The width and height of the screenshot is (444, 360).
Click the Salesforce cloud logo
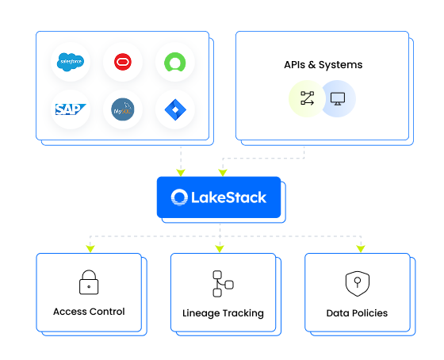click(x=71, y=62)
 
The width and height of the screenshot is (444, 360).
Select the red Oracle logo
click(x=123, y=62)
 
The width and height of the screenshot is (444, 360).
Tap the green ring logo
click(x=175, y=62)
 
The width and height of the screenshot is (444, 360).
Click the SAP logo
click(x=71, y=109)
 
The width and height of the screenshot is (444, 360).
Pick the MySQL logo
click(x=123, y=109)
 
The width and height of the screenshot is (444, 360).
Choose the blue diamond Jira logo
click(x=175, y=109)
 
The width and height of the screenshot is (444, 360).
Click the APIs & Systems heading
click(x=323, y=65)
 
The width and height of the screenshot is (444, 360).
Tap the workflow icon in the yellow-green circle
click(x=308, y=98)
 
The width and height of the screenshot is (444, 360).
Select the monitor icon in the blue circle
click(x=338, y=99)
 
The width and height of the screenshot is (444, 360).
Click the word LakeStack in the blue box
click(x=229, y=197)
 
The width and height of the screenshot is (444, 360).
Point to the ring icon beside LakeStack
click(x=179, y=197)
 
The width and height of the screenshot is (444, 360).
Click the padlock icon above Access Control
click(x=89, y=282)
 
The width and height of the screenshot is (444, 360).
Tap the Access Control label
click(x=89, y=312)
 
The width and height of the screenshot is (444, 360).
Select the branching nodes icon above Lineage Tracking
click(x=223, y=284)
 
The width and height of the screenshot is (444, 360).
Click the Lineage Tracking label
click(x=223, y=313)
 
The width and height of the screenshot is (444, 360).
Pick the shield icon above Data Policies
click(x=358, y=284)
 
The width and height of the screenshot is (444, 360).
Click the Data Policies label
click(x=357, y=313)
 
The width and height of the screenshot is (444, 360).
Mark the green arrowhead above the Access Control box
click(x=90, y=249)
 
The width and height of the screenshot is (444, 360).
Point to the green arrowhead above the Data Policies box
click(x=361, y=249)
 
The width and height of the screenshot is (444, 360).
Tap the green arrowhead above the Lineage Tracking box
click(x=220, y=249)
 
